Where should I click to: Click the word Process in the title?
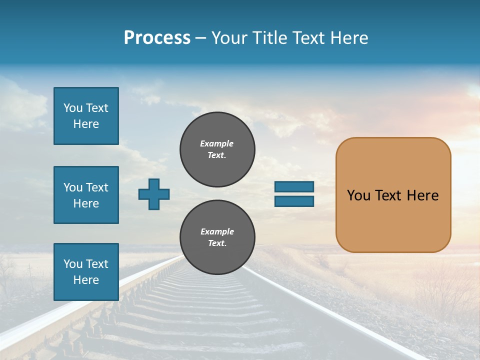157,38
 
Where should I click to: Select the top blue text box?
86,116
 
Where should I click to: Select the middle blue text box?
86,195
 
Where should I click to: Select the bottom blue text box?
86,271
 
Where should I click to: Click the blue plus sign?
154,194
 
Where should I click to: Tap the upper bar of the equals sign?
294,186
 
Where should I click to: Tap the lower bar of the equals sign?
294,201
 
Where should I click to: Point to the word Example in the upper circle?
217,143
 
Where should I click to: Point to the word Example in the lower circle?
217,231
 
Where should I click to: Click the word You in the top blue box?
73,108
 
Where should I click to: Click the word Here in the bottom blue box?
86,280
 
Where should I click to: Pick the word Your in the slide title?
230,38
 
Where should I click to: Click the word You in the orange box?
358,195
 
